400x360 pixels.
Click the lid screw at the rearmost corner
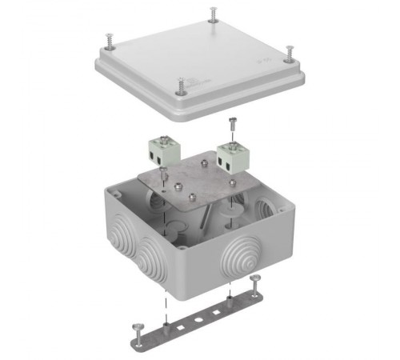[213, 13]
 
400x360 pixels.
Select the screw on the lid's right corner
[290, 51]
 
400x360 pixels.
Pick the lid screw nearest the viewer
[183, 82]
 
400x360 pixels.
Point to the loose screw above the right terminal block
[232, 122]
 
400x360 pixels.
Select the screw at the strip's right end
[254, 279]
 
